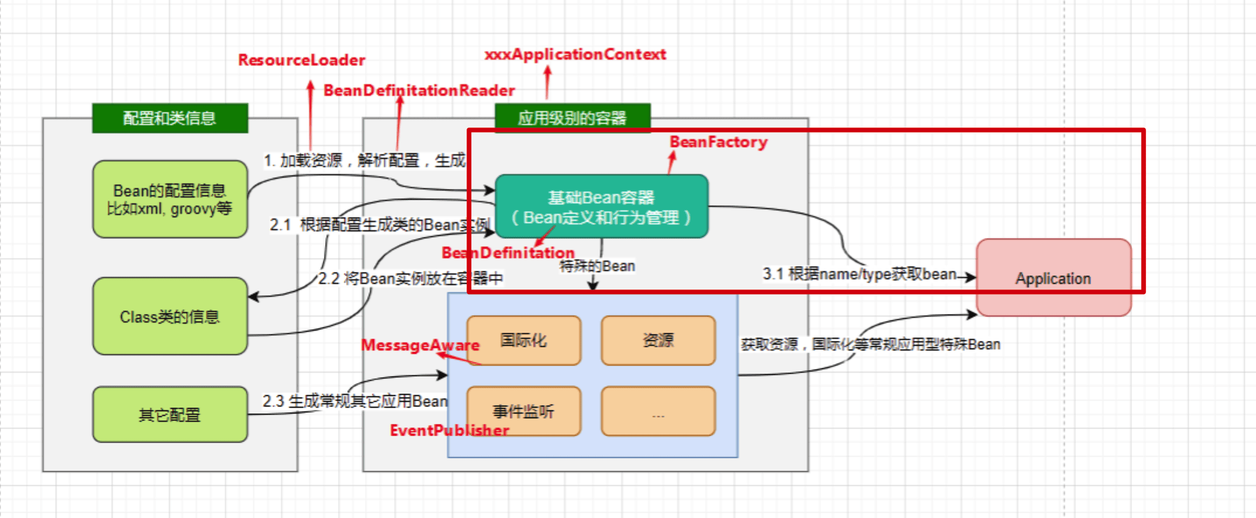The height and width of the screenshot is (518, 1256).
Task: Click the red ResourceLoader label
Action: [301, 60]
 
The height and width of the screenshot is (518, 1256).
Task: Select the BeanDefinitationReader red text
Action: [419, 91]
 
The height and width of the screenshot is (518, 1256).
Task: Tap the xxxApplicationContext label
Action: [575, 54]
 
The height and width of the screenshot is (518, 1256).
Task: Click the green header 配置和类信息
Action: [170, 118]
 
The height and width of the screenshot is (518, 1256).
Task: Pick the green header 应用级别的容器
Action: [572, 118]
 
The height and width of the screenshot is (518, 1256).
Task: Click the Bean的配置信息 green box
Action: [170, 199]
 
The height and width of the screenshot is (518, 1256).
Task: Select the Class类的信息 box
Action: [170, 316]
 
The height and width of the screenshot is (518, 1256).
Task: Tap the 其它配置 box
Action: [170, 415]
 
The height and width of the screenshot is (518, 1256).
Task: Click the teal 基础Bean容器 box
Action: [601, 206]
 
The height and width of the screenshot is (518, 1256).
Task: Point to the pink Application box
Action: [1053, 278]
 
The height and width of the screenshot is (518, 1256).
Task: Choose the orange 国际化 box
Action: [523, 340]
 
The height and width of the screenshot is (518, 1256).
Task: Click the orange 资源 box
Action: [658, 340]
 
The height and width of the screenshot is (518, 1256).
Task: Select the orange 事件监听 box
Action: [523, 411]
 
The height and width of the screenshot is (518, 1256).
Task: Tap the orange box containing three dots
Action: [658, 411]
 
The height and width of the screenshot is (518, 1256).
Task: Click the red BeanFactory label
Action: [718, 142]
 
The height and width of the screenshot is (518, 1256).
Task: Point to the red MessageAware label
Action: [420, 345]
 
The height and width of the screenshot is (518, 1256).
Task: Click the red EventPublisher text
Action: [449, 430]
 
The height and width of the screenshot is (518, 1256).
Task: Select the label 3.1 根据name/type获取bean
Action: [859, 274]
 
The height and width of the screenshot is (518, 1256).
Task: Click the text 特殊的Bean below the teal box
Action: [597, 266]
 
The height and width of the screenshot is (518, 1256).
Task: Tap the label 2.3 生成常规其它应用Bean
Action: [355, 401]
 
